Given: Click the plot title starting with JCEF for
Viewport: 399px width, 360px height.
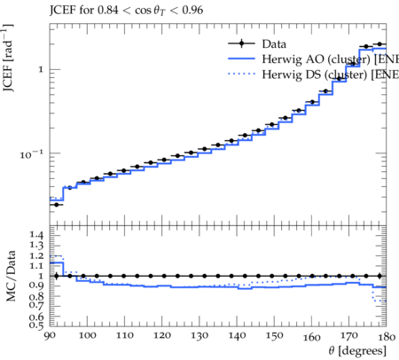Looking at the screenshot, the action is [x=126, y=11].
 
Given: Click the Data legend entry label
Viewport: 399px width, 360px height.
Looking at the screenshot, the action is [x=274, y=44].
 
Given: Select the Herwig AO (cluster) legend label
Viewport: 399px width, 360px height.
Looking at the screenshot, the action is [x=316, y=59].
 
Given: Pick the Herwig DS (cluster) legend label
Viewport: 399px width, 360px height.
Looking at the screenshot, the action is [x=315, y=74].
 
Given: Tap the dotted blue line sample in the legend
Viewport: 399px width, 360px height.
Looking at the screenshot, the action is [x=241, y=74].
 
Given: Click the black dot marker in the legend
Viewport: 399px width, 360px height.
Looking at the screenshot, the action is [x=241, y=43].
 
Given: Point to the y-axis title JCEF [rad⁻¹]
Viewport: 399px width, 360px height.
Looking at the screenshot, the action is [x=8, y=58].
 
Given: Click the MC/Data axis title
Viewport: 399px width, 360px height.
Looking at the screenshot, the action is [x=11, y=276].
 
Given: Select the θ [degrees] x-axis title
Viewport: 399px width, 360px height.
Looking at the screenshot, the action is [x=357, y=351].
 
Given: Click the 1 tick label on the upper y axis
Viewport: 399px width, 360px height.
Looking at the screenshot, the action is [x=41, y=70].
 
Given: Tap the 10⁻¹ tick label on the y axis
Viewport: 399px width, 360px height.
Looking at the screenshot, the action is [x=31, y=154].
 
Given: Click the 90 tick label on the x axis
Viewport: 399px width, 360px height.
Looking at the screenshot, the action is [x=50, y=336].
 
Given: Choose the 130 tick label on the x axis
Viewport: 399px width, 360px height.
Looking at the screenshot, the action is [x=199, y=336].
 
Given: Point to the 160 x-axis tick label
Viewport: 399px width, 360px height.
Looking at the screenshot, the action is [x=311, y=336].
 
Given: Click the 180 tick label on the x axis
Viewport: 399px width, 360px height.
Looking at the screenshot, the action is [x=387, y=336].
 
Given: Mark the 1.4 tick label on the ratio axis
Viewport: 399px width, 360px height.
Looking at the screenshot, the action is [x=36, y=235].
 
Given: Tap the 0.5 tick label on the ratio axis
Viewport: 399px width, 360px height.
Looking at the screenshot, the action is [x=36, y=325].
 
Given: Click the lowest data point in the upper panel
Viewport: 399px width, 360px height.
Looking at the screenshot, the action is [x=57, y=204].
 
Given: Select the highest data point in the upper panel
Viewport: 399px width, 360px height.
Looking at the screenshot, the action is [x=379, y=44].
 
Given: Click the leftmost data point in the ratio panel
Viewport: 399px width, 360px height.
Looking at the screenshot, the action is [x=57, y=276].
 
